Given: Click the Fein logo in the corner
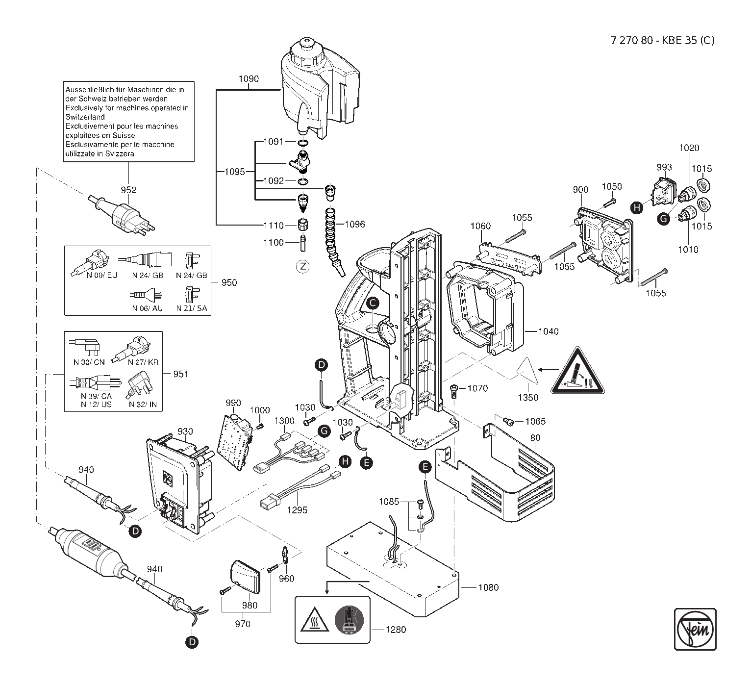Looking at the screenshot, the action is coord(695,629).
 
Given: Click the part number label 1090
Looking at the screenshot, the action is coord(249,79).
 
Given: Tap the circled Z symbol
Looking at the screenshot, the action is coord(303,267).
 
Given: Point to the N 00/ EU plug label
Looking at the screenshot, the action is coord(102,275).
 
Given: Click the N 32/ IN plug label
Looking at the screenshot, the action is coord(143,404).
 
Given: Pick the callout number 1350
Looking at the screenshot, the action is coord(528,398).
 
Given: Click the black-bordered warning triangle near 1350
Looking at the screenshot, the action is coord(577,371).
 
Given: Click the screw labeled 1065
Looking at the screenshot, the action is coord(508,421).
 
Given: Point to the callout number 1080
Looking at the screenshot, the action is coord(488,587).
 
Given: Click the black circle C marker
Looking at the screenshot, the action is coord(373,304).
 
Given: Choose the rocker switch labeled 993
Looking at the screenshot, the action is coord(664,192).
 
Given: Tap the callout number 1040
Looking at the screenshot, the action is coord(549,331).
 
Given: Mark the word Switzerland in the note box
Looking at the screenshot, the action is coord(85,117).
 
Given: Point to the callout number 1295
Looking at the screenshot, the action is coord(297,510).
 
